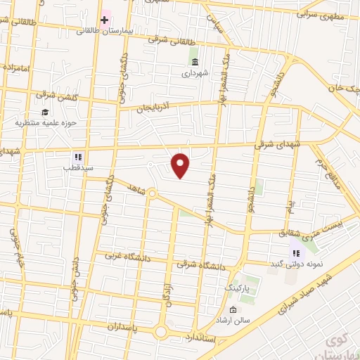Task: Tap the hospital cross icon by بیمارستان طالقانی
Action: point(104,19)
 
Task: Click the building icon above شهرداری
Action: point(195,61)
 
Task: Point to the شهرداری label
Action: point(195,72)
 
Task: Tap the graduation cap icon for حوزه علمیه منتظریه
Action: point(45,112)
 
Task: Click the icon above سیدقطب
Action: point(78,157)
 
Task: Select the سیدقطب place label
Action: point(78,168)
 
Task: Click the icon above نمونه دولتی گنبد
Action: point(295,252)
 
